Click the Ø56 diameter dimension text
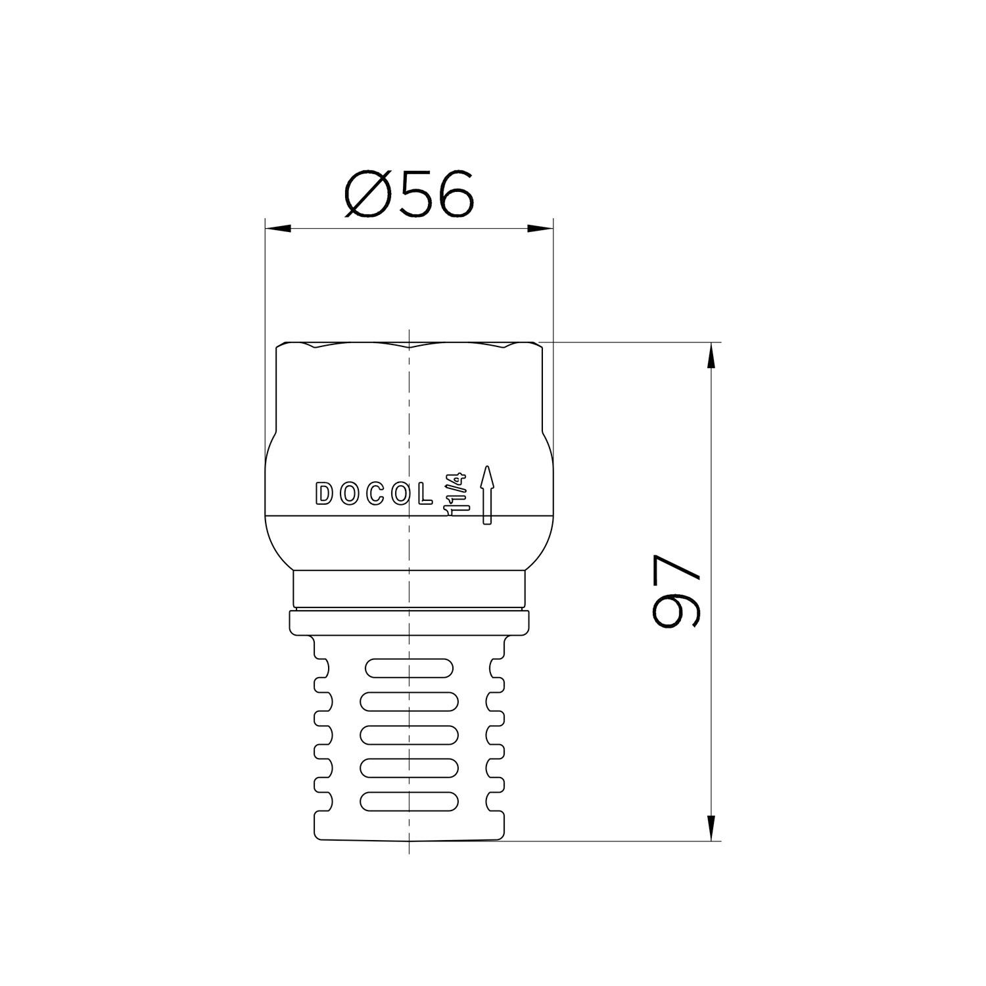pos(408,194)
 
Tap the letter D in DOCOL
pos(325,494)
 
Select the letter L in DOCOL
pos(425,494)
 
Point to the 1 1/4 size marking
pos(454,494)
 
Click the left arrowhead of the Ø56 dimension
pos(277,229)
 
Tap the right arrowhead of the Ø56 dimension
pos(540,229)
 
